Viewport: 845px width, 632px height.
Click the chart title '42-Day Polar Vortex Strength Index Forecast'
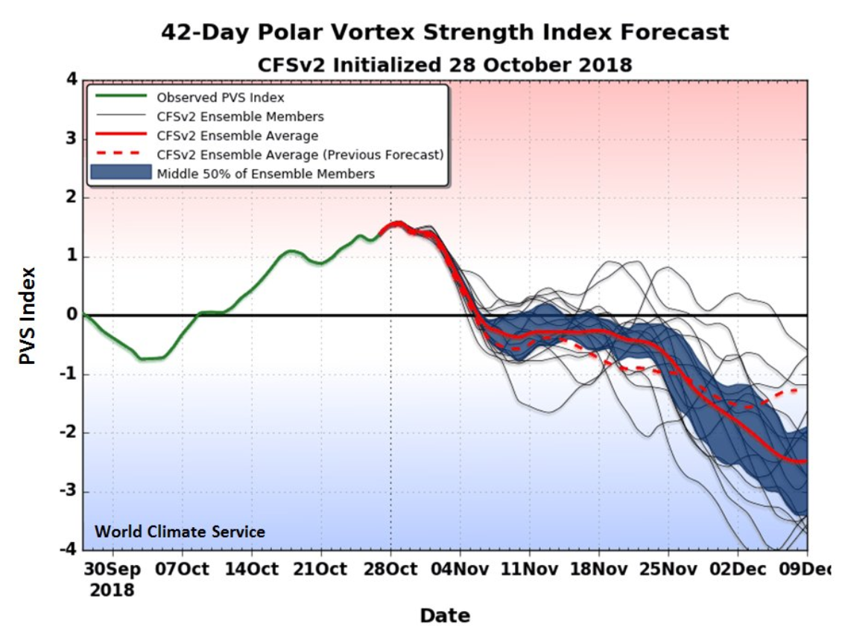click(445, 33)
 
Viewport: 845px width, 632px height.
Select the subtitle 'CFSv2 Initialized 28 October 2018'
click(445, 65)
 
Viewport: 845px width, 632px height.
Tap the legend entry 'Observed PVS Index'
click(220, 97)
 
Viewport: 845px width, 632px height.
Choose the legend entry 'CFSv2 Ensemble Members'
click(240, 116)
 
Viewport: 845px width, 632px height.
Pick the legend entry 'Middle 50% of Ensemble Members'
click(265, 173)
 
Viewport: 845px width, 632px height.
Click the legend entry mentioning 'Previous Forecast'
click(300, 155)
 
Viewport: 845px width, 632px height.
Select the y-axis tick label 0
click(73, 316)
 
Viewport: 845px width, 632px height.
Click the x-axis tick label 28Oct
click(391, 569)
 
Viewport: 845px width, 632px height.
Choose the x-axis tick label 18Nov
click(598, 569)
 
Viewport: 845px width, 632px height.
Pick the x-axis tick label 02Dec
click(737, 569)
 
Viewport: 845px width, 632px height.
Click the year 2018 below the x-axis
click(113, 590)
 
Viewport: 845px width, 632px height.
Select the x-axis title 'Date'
click(445, 616)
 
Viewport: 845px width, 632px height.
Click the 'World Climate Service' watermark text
click(179, 532)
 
